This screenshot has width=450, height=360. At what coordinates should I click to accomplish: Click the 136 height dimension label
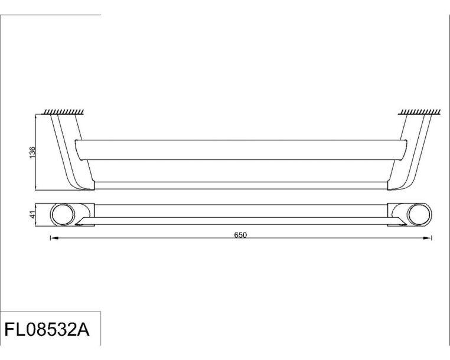coord(32,152)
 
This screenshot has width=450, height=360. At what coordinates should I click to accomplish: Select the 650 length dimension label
coord(240,235)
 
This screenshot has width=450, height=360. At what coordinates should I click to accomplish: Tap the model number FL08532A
coord(47,329)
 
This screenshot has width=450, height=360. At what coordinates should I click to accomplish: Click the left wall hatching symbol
coord(63,112)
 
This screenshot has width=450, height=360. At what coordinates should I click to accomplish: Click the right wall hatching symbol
coord(419,112)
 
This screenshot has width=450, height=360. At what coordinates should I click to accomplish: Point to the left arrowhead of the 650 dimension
coord(54,238)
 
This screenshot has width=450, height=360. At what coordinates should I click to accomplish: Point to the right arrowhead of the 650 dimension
coord(428,238)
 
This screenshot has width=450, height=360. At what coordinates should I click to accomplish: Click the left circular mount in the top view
coord(63,215)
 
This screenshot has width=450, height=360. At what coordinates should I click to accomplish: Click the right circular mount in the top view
coord(419,215)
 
